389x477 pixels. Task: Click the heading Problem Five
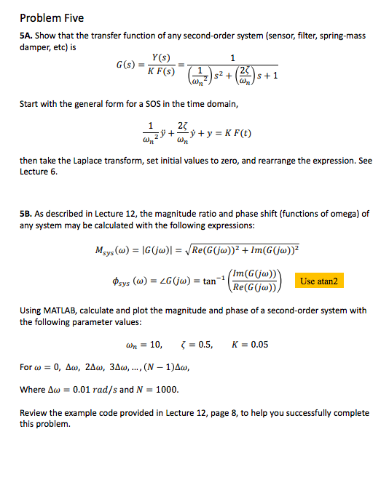click(x=52, y=17)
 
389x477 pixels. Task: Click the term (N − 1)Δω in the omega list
click(x=168, y=367)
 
